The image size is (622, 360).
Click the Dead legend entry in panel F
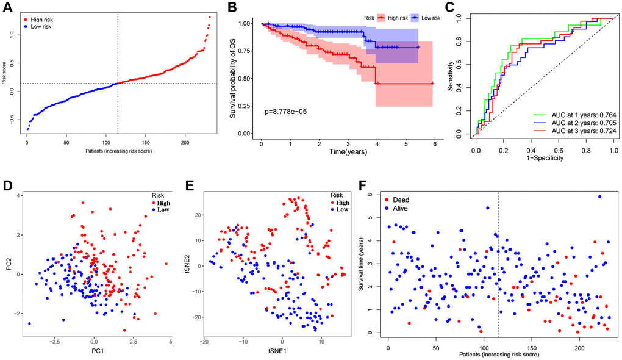[402, 200]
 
